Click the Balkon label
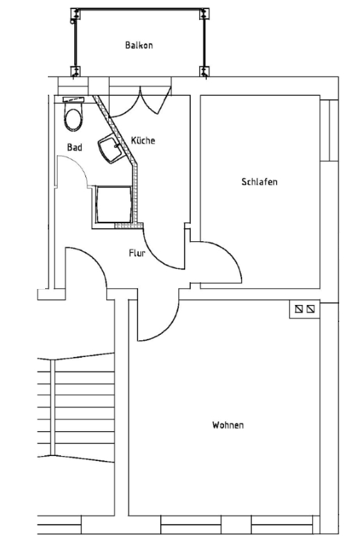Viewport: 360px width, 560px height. [x=139, y=45]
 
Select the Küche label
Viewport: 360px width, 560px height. [x=143, y=141]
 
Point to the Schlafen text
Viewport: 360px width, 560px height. [x=259, y=182]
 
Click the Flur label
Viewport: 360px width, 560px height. [x=137, y=254]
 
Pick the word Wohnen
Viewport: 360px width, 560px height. [x=228, y=425]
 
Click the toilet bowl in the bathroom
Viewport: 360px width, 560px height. [x=73, y=119]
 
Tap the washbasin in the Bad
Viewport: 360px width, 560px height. [x=110, y=147]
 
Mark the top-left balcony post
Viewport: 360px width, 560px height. [x=74, y=16]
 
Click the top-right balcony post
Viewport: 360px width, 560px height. [x=204, y=15]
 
